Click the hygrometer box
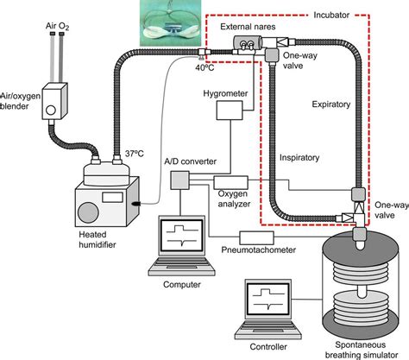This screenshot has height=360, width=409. coord(231,110)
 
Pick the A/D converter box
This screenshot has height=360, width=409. coord(180,180)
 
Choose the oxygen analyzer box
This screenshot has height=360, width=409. coord(229,198)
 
